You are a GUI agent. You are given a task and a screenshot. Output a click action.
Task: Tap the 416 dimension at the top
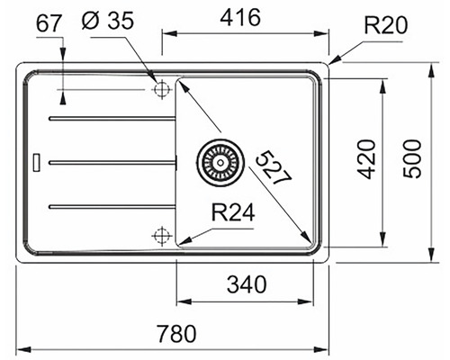[x=240, y=17]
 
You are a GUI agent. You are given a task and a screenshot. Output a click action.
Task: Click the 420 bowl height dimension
[x=365, y=161]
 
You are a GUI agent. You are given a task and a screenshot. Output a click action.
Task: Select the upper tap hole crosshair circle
[x=163, y=90]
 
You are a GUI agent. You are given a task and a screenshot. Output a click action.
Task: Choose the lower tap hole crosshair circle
[x=161, y=236]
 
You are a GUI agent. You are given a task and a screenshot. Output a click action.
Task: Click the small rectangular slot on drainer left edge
[x=36, y=163]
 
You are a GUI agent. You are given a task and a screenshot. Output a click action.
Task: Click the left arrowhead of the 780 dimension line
[x=22, y=348]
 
